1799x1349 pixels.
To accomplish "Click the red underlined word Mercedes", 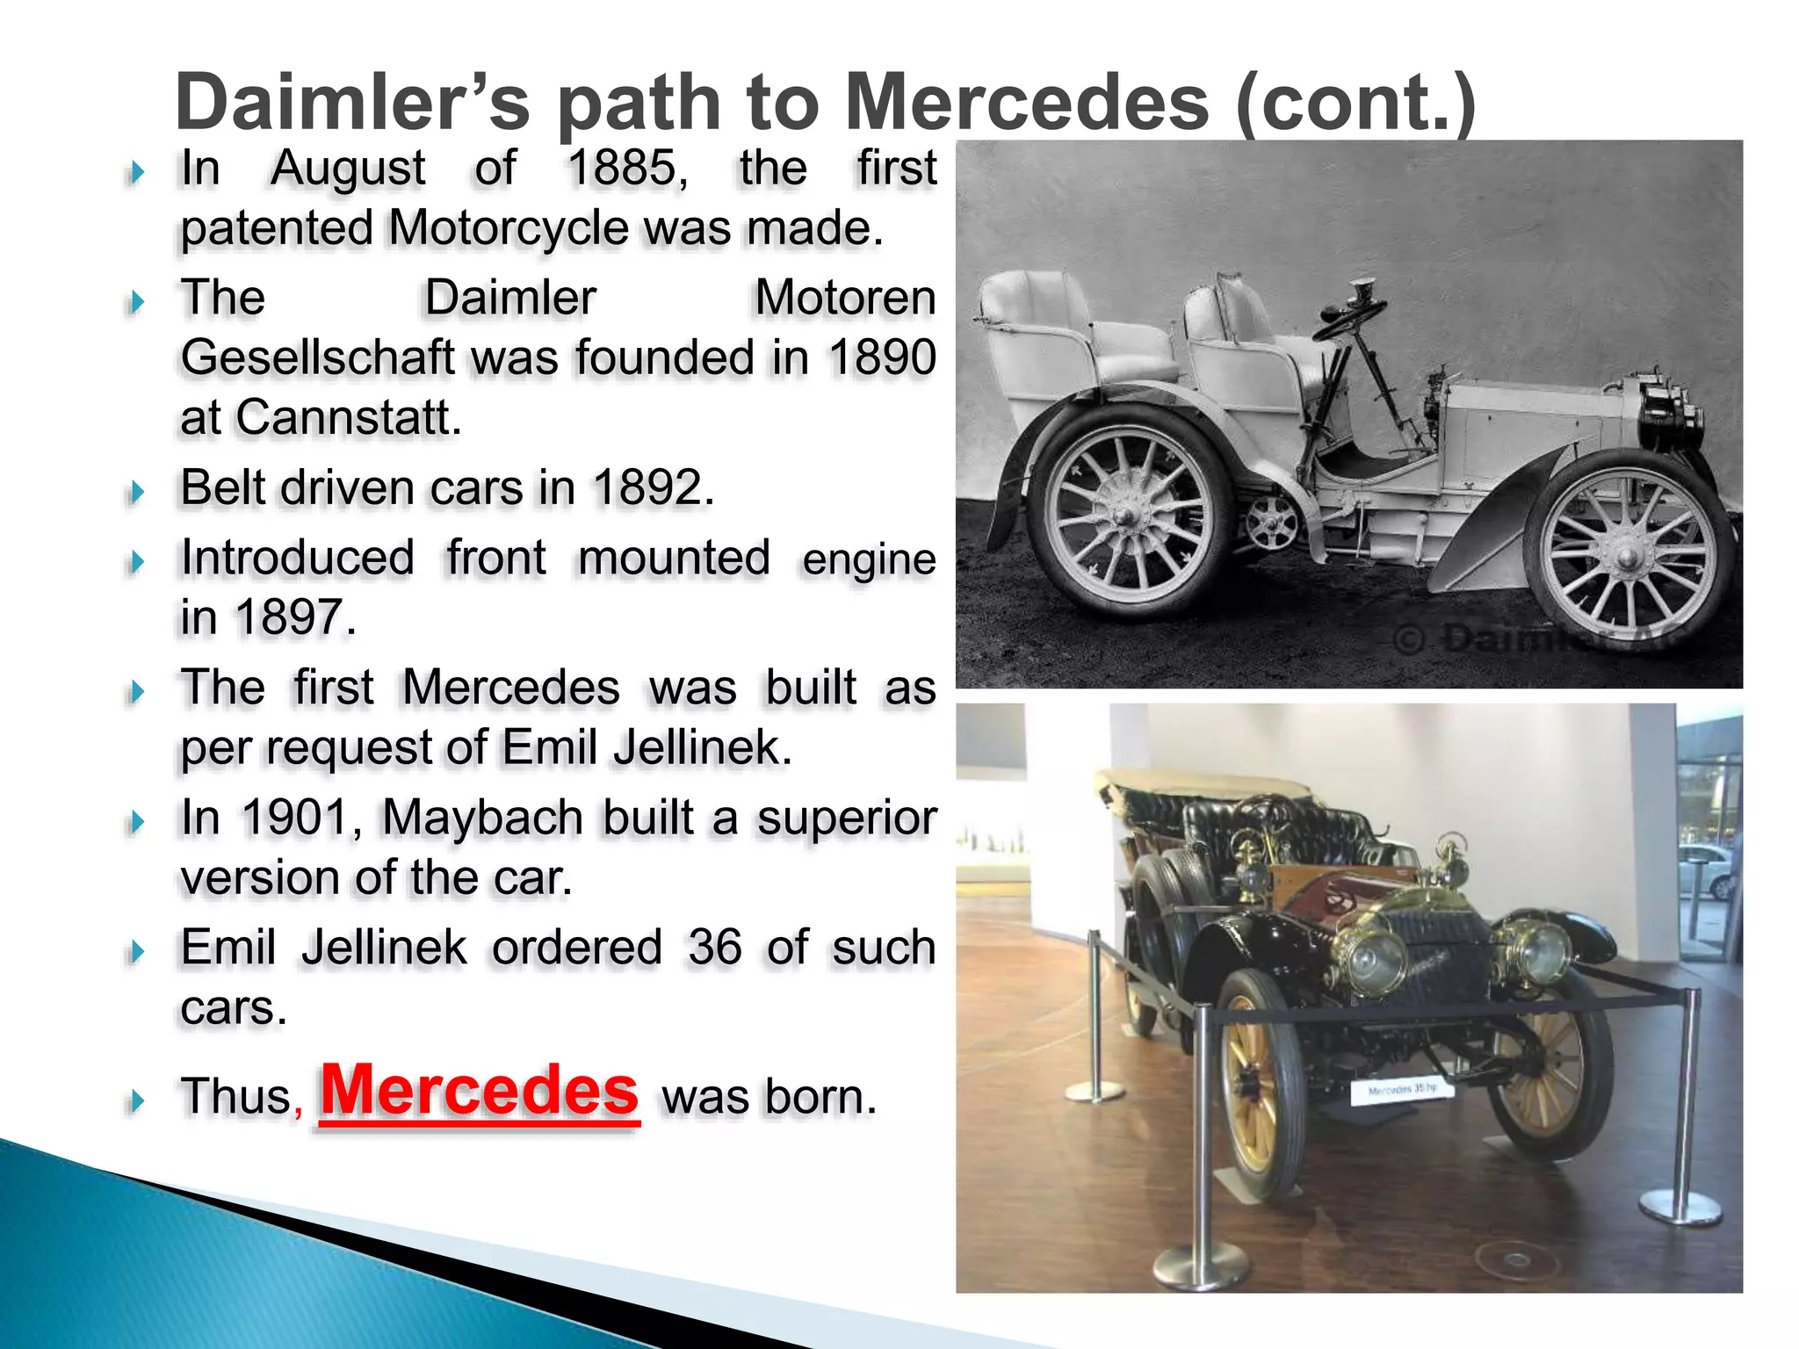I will pos(480,1091).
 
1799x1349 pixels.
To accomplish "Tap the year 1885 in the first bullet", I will pos(626,168).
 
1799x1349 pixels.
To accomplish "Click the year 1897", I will pos(294,617).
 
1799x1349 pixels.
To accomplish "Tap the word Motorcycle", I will pos(509,228).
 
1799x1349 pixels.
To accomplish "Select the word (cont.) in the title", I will pos(1355,103).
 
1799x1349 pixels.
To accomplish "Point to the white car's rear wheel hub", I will pos(1123,510).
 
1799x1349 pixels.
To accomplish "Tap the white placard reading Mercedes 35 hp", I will pos(1402,1090).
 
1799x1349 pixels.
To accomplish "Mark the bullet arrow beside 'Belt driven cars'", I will pos(136,491).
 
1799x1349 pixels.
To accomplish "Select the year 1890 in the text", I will pos(882,357).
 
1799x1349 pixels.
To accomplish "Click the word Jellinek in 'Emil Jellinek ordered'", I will pos(384,948).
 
